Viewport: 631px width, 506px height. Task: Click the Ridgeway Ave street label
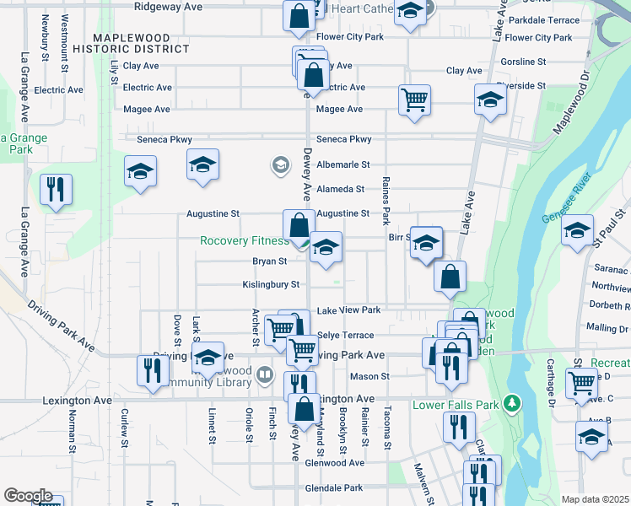pyautogui.click(x=169, y=6)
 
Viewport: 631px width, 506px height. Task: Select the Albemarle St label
pyautogui.click(x=342, y=164)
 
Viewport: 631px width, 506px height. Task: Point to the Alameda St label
pyautogui.click(x=340, y=190)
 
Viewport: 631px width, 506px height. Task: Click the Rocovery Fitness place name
pyautogui.click(x=245, y=241)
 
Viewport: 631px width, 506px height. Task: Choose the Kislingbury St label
pyautogui.click(x=271, y=285)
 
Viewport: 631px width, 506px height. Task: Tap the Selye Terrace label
pyautogui.click(x=344, y=335)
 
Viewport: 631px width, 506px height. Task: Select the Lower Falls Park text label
pyautogui.click(x=456, y=405)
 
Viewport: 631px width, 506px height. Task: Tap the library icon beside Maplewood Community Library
pyautogui.click(x=266, y=374)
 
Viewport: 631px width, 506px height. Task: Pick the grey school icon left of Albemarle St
pyautogui.click(x=279, y=165)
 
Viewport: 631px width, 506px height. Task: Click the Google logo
pyautogui.click(x=28, y=496)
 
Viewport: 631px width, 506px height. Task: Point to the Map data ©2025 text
pyautogui.click(x=596, y=499)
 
